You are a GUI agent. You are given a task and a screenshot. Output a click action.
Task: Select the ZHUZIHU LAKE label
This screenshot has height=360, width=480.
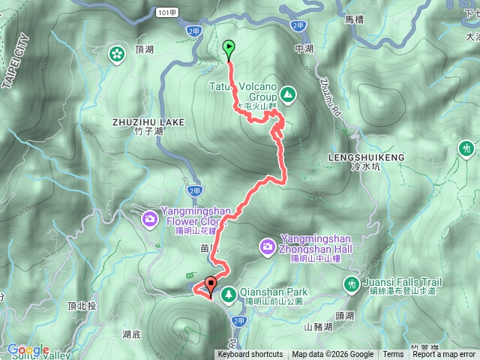coord(138,121)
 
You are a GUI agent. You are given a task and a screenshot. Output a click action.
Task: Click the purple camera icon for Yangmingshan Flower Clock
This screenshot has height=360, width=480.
coord(150,218)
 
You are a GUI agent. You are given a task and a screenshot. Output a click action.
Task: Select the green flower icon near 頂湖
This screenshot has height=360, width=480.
coord(117,53)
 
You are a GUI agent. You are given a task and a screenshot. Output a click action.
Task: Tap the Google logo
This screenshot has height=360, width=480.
coord(28,349)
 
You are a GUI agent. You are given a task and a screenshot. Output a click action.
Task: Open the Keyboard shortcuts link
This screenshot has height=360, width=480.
coord(250,355)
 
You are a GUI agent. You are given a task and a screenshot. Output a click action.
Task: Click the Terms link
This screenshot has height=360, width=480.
coord(393,355)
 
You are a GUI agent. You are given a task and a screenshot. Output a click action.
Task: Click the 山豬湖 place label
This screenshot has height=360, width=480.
coord(319,327)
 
